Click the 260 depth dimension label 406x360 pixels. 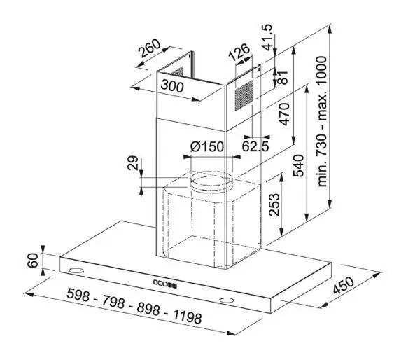coord(150,48)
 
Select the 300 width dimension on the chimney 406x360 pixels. coord(172,86)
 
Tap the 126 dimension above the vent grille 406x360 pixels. coord(239,53)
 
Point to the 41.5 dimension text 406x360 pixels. coord(267,37)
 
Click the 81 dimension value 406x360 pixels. coord(283,77)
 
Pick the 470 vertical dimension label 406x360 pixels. coord(284,114)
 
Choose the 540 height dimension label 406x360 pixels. coord(298,165)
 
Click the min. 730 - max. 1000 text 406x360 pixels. coord(322,121)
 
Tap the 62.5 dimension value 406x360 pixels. coord(255,146)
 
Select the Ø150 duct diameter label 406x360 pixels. coord(207,147)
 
